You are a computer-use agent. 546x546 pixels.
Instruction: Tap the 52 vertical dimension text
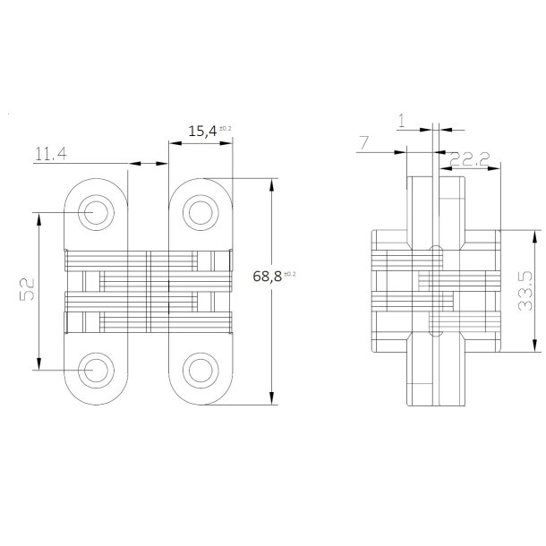tap(27, 288)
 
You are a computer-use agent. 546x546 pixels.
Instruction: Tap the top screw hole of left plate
tap(94, 213)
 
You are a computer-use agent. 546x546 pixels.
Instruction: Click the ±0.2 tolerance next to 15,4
tap(225, 128)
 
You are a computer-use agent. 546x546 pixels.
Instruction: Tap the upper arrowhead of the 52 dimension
tap(38, 218)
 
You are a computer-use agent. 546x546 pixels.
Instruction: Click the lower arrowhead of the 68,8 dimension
tap(271, 400)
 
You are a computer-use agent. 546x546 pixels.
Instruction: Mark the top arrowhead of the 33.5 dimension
tap(534, 235)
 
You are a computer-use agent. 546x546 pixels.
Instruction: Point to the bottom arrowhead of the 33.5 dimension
tap(534, 346)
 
